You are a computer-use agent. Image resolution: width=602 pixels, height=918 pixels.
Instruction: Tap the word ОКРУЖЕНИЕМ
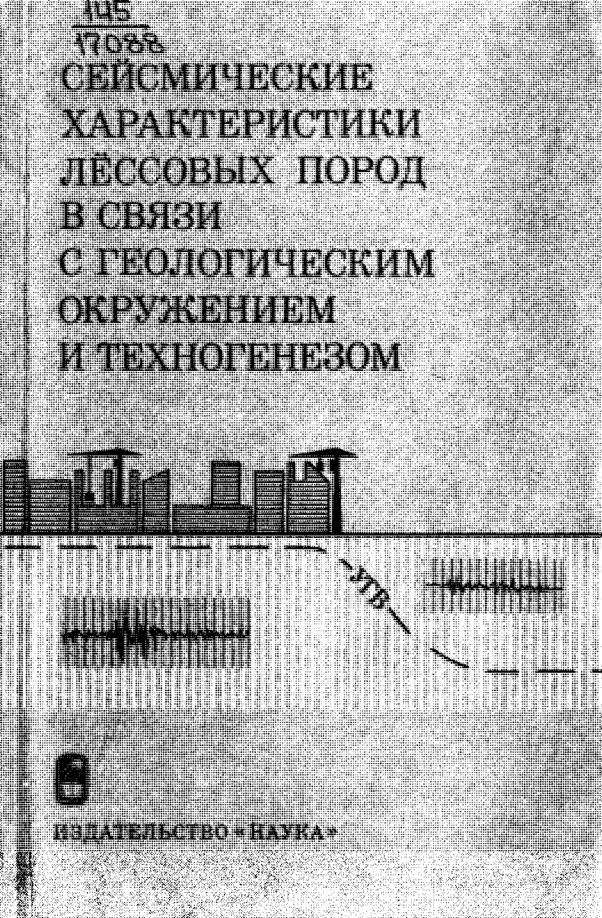[x=197, y=309]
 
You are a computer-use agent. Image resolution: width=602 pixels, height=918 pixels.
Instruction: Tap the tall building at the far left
[x=14, y=495]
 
